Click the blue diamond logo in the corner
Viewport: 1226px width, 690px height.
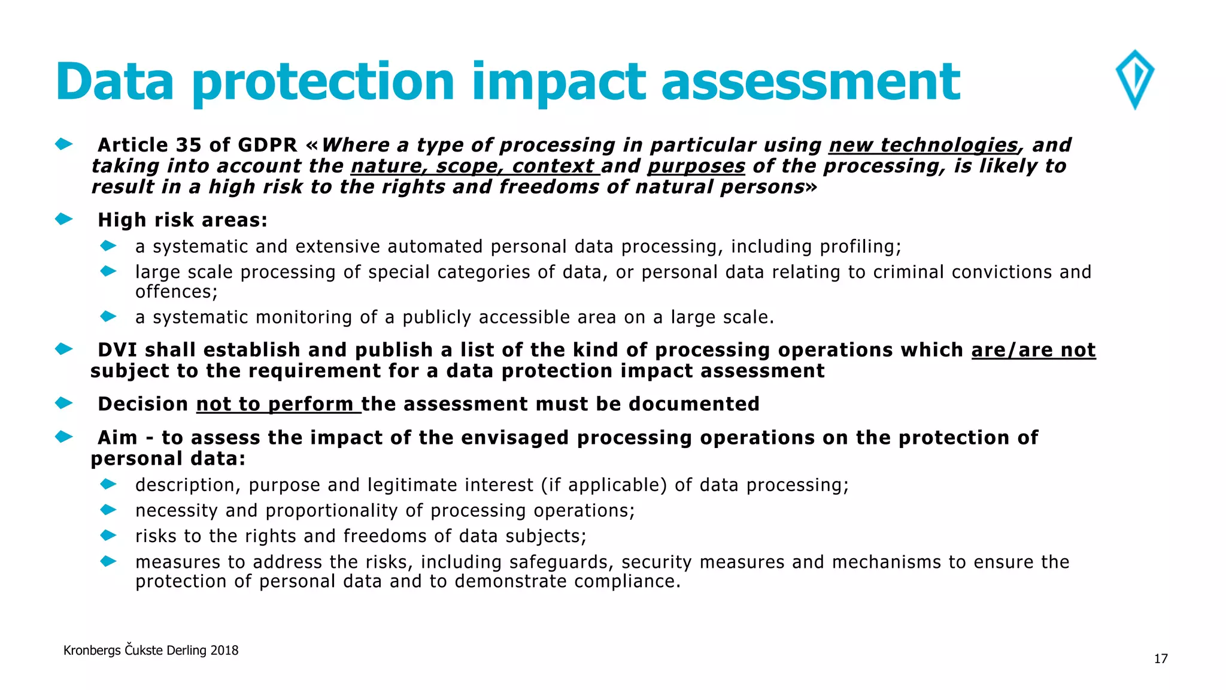click(1135, 80)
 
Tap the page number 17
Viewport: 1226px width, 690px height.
click(1161, 659)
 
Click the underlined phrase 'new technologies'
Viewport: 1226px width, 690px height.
click(923, 145)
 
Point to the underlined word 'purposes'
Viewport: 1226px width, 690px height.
click(696, 166)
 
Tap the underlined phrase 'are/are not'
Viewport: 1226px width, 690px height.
click(1033, 350)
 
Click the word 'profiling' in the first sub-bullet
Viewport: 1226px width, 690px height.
click(858, 247)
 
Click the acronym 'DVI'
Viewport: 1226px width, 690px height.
click(117, 350)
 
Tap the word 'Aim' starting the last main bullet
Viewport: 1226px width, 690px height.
click(117, 438)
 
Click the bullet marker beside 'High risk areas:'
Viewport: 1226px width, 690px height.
click(63, 219)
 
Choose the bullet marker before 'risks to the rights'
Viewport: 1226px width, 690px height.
click(108, 535)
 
